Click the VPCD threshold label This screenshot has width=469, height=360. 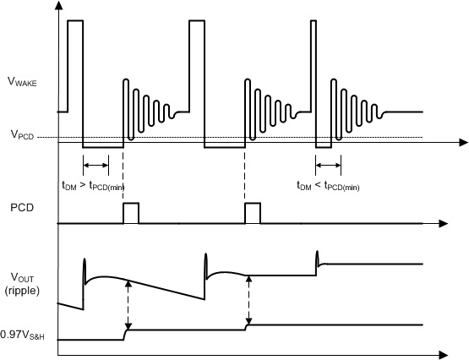[22, 134]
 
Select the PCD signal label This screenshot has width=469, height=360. [24, 206]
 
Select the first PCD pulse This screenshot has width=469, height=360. [131, 213]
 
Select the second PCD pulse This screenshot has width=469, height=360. [253, 213]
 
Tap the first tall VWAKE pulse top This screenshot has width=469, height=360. [75, 20]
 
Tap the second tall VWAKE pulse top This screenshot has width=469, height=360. [197, 20]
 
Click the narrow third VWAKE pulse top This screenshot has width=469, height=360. [314, 20]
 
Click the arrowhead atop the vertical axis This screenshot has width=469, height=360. [57, 6]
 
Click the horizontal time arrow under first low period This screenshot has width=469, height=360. [95, 166]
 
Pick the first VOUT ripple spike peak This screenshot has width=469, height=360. [84, 260]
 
